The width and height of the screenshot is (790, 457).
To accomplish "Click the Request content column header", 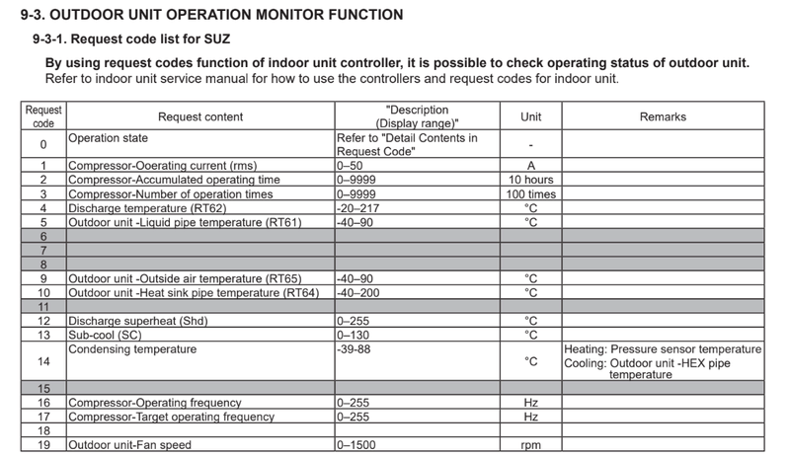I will click(x=200, y=116).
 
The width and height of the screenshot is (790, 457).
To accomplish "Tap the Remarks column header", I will click(x=663, y=116).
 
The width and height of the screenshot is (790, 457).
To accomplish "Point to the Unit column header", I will click(x=530, y=116).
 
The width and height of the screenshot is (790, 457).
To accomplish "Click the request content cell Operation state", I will click(x=106, y=138).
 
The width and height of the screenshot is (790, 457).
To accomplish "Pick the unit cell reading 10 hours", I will click(x=530, y=180).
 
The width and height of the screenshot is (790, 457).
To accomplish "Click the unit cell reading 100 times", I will click(x=530, y=194).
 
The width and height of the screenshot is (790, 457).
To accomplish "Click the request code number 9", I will click(x=43, y=278).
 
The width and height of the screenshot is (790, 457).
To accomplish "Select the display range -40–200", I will click(x=359, y=293).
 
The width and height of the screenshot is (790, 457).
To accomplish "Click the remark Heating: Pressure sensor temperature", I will click(x=663, y=349).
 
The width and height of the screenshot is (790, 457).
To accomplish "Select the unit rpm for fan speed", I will click(x=530, y=446).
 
